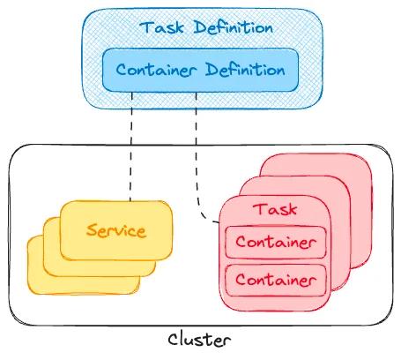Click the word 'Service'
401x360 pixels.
point(115,232)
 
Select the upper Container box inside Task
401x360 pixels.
point(274,242)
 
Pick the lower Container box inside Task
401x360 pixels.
point(274,281)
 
